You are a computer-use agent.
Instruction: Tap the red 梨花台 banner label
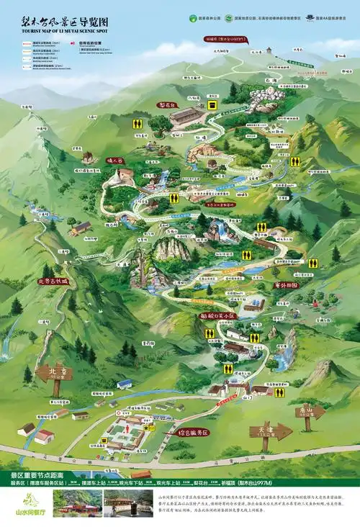pos(168,104)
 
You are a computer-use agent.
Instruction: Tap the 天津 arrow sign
pos(271,431)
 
